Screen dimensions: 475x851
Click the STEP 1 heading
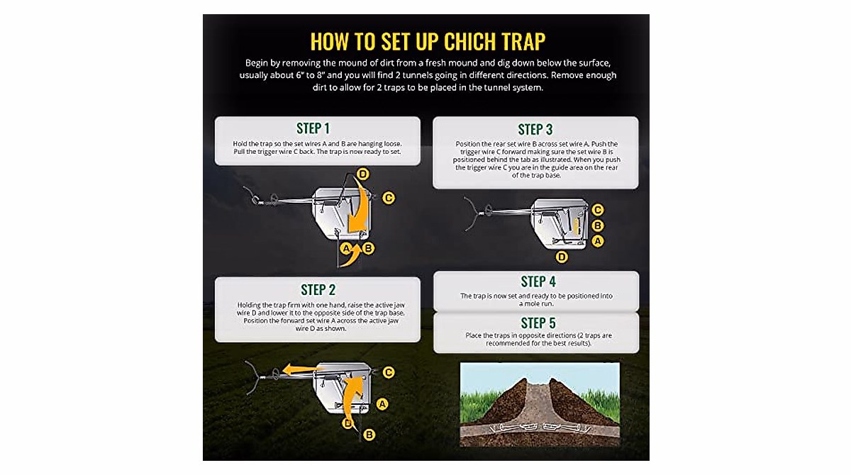313,128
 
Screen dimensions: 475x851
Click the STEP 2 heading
318,289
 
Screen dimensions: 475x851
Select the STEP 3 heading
535,129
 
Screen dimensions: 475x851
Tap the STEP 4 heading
538,281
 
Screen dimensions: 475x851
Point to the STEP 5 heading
538,323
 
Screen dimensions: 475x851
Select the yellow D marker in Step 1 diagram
362,174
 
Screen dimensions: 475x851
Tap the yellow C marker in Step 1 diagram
388,198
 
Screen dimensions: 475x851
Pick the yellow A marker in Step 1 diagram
347,248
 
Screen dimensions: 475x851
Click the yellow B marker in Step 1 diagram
368,248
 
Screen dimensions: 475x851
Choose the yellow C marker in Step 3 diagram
598,210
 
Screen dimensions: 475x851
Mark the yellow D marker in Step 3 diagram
562,257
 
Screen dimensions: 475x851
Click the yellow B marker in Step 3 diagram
598,225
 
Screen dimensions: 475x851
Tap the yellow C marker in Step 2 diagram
388,371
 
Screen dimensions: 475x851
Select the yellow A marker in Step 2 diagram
382,404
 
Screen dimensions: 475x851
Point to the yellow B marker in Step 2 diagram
369,435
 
